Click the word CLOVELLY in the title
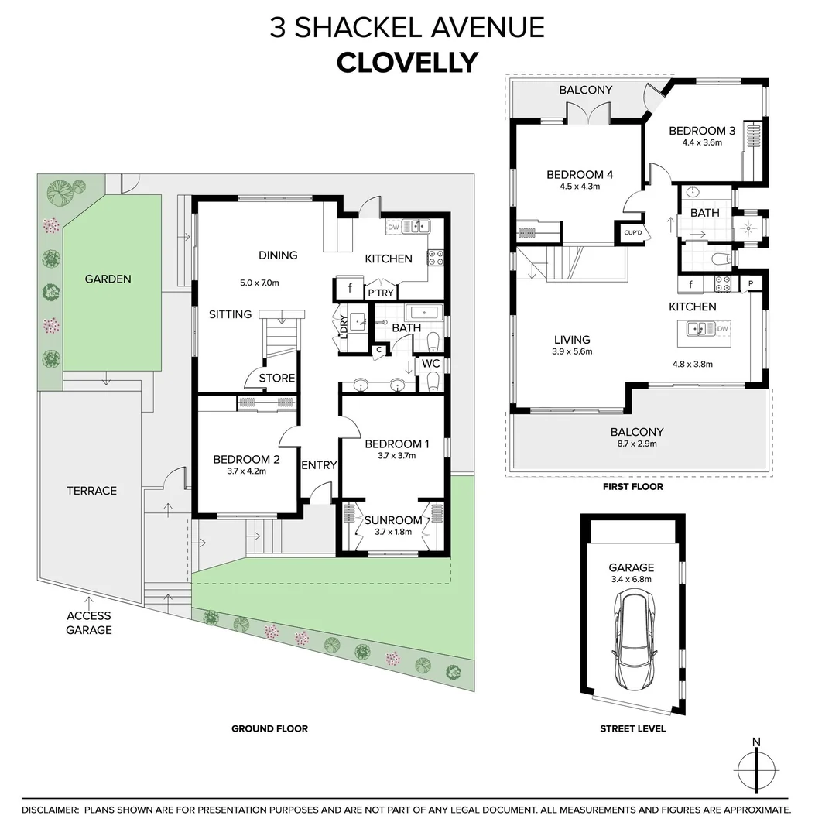(x=407, y=62)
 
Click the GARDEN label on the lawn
(x=108, y=279)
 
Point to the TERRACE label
(x=91, y=490)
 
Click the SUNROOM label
(x=393, y=519)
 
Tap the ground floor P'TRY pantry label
(x=380, y=293)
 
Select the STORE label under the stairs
(x=276, y=378)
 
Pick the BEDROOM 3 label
(x=702, y=131)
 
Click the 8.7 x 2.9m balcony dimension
(x=637, y=445)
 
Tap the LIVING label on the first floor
(x=572, y=339)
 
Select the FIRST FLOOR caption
(x=632, y=487)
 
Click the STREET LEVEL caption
(x=632, y=728)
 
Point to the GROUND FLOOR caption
(x=269, y=728)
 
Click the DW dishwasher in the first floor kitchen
(x=722, y=329)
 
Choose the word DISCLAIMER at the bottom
(x=50, y=810)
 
